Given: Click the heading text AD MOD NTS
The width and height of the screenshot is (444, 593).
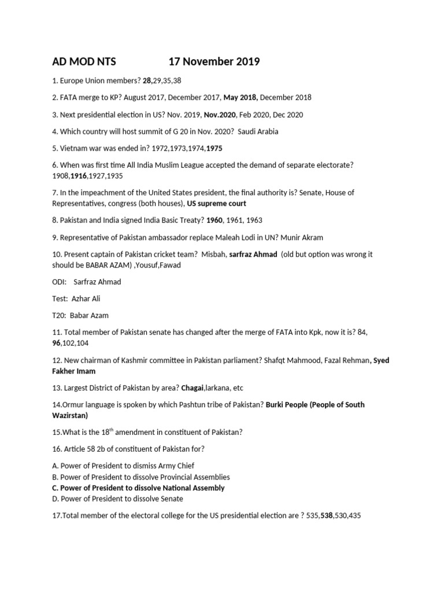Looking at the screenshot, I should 84,62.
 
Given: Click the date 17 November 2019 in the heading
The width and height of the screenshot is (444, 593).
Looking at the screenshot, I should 214,62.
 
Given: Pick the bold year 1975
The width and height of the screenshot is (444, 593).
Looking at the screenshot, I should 210,148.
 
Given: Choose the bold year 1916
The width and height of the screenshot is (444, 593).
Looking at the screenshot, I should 79,175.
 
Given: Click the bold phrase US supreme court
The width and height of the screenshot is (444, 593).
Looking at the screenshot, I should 217,203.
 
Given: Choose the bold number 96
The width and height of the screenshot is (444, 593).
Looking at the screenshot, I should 57,343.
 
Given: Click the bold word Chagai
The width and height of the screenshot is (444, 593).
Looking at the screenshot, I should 193,387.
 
